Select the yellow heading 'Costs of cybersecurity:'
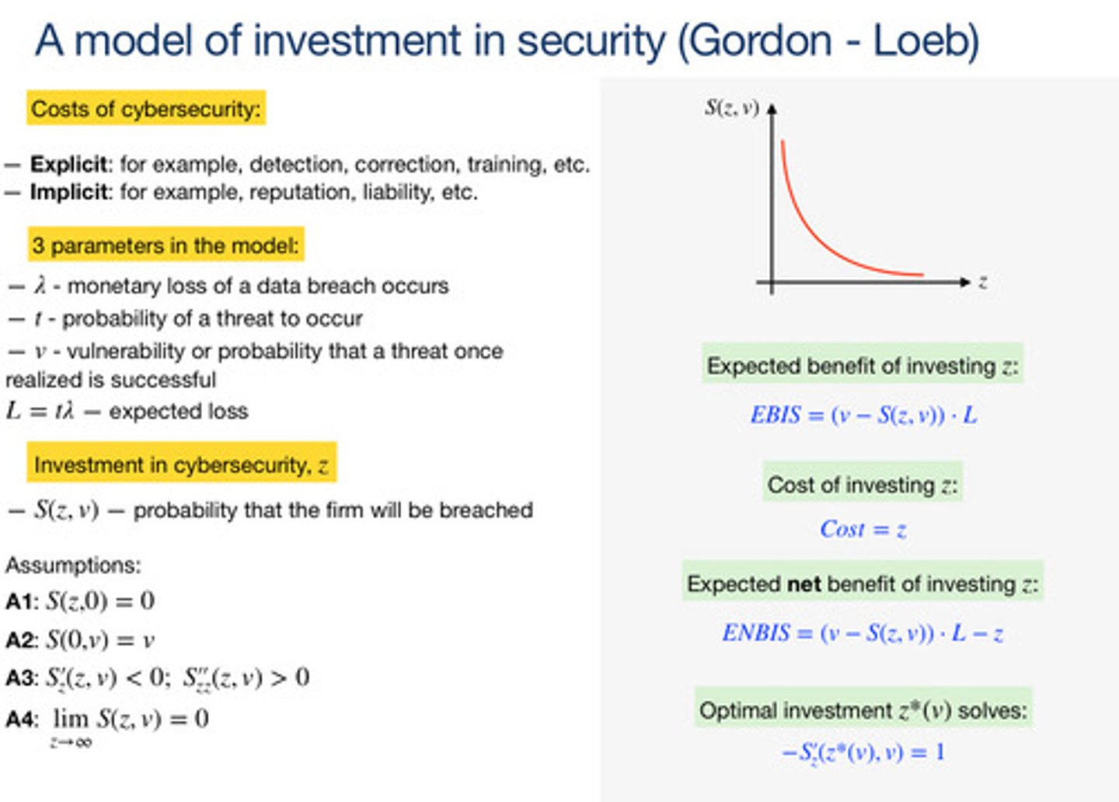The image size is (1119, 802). coord(146,109)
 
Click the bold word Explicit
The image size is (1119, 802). coord(69,164)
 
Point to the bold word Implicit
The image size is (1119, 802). coord(69,192)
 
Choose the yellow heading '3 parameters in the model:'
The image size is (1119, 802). coord(166,246)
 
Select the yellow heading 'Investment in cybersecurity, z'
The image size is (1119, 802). coord(181,465)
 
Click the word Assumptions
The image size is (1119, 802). coord(73,565)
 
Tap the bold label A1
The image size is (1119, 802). coord(20,601)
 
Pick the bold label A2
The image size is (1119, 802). coord(20,640)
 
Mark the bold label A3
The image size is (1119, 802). coord(20,678)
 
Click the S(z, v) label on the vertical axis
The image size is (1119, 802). coord(731,108)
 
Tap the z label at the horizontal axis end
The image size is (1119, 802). coord(983,282)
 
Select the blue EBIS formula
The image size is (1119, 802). coord(863,415)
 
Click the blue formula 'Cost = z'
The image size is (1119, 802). coord(863,530)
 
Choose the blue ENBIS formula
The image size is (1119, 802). coord(863,633)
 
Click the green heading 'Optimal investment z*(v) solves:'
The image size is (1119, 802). coord(863,710)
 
